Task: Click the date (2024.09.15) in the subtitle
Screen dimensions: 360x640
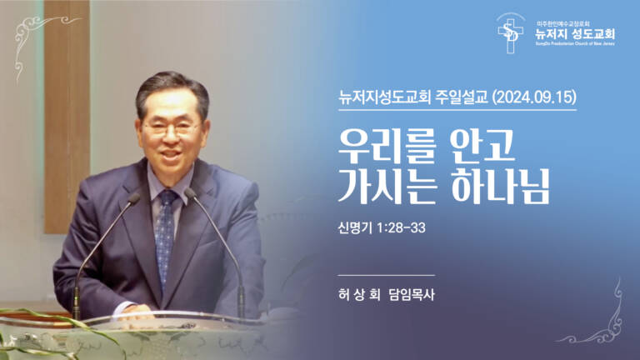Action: point(534,97)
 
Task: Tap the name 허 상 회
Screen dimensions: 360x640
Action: point(357,294)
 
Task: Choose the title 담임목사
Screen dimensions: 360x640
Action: point(412,294)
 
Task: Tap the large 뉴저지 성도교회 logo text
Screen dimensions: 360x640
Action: point(574,34)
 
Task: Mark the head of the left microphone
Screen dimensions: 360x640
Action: point(134,197)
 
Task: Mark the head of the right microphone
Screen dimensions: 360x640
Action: point(191,194)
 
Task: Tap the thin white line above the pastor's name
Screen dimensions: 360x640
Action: point(387,274)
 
